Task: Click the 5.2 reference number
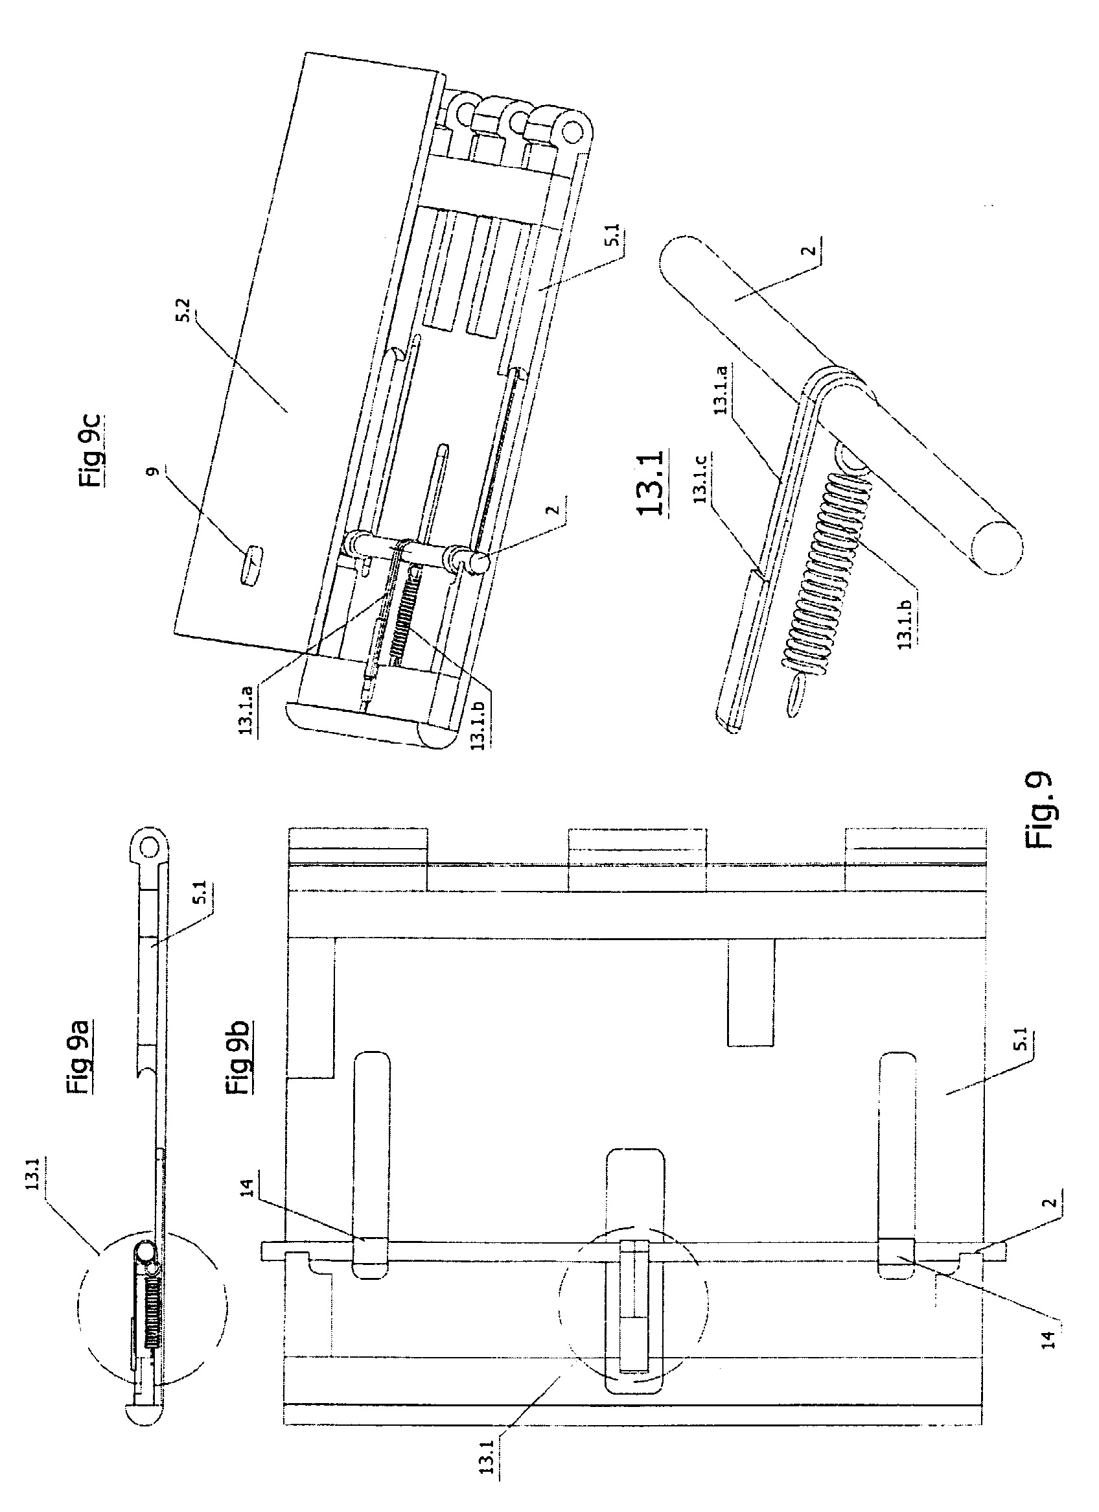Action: coord(189,314)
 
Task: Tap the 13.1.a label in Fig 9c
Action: coord(245,707)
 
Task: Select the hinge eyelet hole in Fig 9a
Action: coord(149,845)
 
